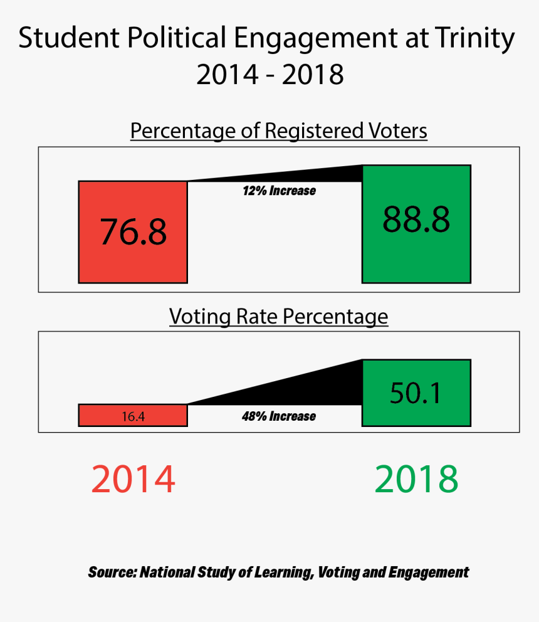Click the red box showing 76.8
pos(133,231)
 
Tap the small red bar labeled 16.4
pos(133,415)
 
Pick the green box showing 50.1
pos(416,393)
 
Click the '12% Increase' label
pos(279,191)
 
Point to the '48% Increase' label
pos(279,416)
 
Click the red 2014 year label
pos(133,480)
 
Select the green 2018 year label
pos(417,480)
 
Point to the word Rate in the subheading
pos(257,317)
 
